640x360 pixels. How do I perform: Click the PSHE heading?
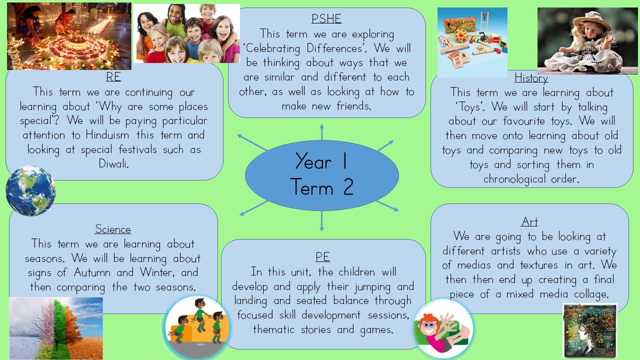(326, 19)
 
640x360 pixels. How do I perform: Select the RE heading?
(113, 77)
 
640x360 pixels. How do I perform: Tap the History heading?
(531, 78)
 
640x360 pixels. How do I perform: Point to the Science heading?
(113, 229)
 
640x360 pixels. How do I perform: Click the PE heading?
(322, 257)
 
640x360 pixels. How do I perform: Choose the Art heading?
(529, 222)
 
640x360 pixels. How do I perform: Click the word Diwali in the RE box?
(113, 163)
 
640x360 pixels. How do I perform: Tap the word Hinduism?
(107, 135)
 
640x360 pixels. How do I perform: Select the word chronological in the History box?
(514, 179)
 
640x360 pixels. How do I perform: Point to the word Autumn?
(92, 272)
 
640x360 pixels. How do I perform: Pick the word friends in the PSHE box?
(353, 106)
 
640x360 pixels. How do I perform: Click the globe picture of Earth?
(30, 190)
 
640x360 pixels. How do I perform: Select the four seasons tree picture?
(56, 328)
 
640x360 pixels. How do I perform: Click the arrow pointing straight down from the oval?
(321, 221)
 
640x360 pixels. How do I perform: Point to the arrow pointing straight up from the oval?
(321, 132)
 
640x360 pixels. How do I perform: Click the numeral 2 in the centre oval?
(348, 187)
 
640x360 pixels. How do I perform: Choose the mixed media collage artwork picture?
(590, 330)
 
